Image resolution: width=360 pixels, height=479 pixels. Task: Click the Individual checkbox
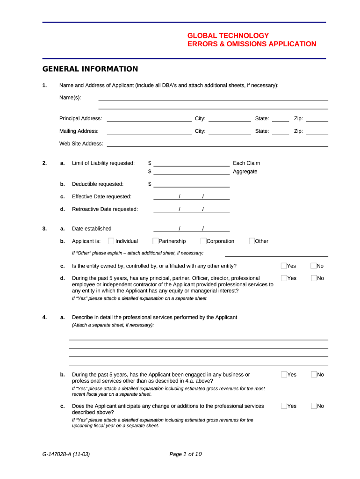111,241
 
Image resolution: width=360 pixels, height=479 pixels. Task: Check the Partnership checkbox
156,241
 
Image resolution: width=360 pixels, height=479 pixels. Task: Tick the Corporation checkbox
203,241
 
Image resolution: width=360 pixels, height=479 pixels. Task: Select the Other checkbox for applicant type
252,241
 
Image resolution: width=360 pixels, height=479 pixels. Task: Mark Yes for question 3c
284,266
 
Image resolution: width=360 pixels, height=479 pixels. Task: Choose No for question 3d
314,278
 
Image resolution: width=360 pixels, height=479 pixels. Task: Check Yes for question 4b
284,375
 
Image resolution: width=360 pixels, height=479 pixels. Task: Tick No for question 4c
314,406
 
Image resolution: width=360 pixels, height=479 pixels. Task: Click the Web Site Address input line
217,144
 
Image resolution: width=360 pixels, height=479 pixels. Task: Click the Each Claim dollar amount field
192,164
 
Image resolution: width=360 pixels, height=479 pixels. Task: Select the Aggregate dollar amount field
192,172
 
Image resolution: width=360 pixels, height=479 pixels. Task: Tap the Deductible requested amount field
192,184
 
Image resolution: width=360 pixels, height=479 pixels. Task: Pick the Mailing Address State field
281,132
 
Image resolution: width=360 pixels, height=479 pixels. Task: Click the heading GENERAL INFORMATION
90,69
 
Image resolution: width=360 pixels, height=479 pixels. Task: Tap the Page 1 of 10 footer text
186,454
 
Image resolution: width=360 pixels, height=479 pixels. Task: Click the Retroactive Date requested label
105,209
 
